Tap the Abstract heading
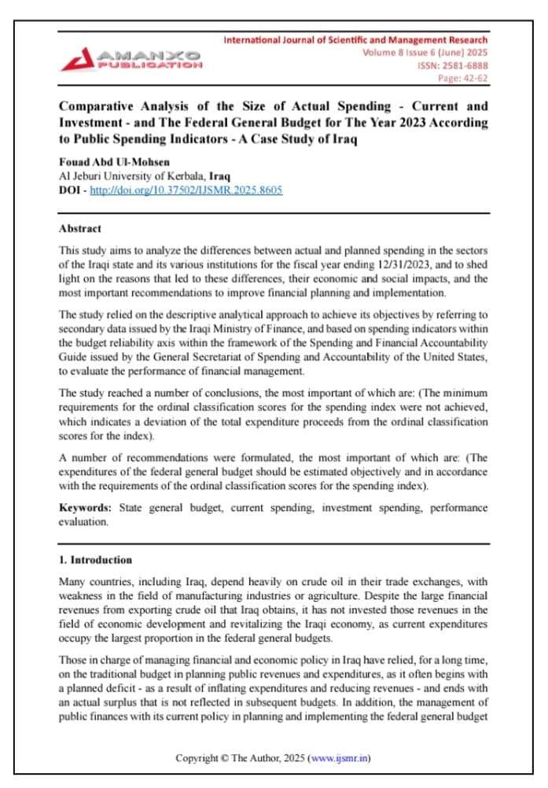point(80,229)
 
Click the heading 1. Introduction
point(96,560)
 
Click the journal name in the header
point(355,39)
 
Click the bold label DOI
point(70,190)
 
